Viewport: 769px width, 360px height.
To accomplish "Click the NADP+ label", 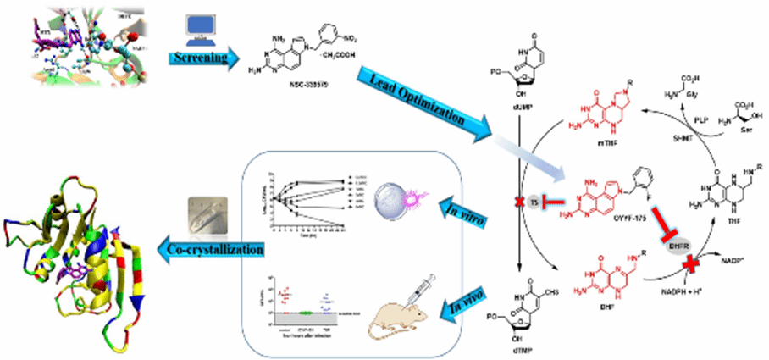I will click(x=741, y=249).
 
